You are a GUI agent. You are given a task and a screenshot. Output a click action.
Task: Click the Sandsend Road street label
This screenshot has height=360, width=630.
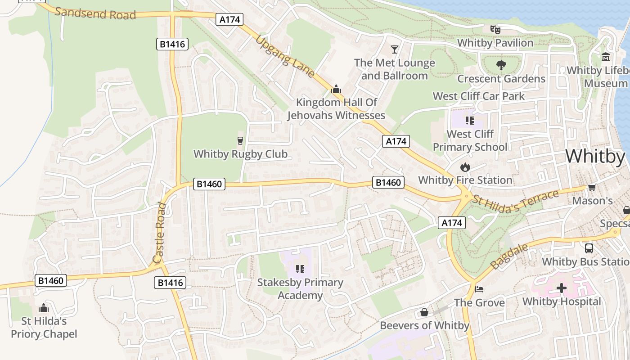pos(95,13)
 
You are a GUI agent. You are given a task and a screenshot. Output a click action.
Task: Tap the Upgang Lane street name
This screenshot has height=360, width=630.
pos(285,57)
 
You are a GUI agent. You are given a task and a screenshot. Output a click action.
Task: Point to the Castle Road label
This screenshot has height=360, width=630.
pos(160,233)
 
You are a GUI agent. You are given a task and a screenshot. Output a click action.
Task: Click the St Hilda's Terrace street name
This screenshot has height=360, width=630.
pos(515,201)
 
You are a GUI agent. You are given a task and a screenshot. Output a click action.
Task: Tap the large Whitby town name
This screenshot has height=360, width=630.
pos(595,157)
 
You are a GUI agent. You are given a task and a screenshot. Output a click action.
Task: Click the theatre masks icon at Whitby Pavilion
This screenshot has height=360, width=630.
pos(495,30)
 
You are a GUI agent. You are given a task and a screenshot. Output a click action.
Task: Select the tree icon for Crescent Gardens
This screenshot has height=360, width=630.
pos(501,65)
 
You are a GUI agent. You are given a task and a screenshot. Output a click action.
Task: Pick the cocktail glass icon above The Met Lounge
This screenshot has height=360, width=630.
pos(395,49)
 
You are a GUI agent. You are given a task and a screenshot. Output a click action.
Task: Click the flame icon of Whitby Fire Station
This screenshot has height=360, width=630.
pos(465,167)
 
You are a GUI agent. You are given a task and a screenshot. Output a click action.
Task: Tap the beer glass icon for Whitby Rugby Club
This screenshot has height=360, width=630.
pos(240,141)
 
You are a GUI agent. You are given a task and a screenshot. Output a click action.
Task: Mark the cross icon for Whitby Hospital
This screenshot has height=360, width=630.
pos(562,288)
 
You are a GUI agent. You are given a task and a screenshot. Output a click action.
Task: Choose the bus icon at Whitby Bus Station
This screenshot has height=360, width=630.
pos(589,248)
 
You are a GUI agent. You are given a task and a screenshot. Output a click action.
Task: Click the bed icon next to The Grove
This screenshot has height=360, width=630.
pos(479,289)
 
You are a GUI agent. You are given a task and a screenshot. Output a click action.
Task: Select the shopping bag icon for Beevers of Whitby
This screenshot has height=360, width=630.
pos(424,312)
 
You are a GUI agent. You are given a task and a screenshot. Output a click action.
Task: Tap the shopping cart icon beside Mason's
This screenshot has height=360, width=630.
pos(592,188)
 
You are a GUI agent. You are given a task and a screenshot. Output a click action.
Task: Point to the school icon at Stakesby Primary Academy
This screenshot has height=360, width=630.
pos(300,269)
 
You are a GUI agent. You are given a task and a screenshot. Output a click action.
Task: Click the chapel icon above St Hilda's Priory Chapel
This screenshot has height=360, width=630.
pos(44,308)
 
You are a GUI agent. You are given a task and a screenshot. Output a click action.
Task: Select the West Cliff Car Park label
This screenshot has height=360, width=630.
pos(478,96)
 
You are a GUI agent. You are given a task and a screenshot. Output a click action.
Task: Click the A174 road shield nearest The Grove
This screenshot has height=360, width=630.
pos(451,222)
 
